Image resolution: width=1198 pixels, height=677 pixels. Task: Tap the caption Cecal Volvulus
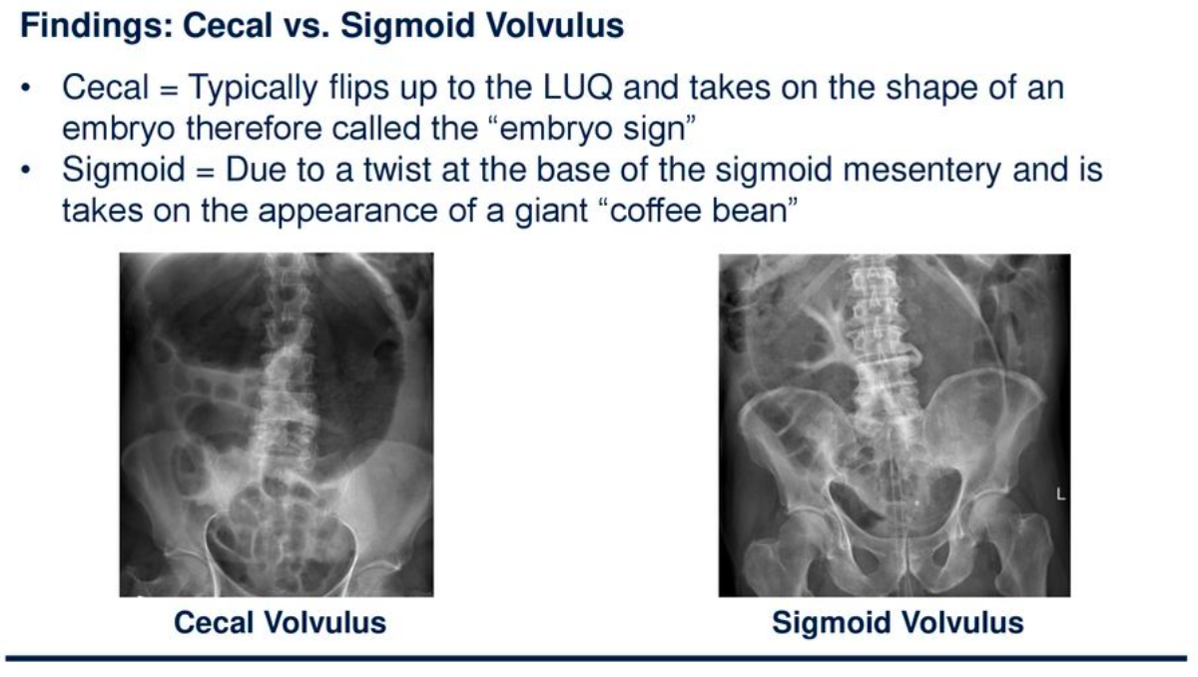(280, 623)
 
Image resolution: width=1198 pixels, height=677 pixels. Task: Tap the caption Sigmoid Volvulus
(897, 623)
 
